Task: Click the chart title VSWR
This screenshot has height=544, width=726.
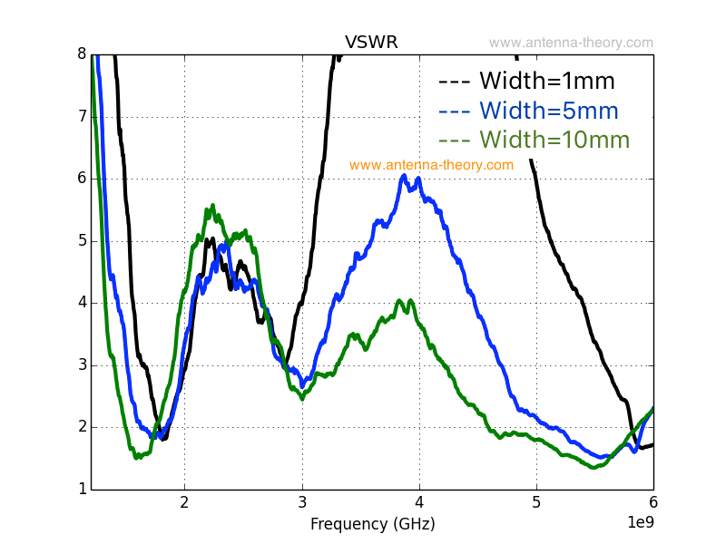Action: tap(371, 43)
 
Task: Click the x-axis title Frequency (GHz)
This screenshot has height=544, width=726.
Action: tap(372, 524)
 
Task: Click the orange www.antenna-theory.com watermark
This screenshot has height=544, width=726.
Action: tap(431, 165)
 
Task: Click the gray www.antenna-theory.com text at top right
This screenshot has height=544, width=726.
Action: tap(571, 43)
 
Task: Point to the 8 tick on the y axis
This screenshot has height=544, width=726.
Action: tap(81, 53)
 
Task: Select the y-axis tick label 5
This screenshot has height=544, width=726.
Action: tap(81, 240)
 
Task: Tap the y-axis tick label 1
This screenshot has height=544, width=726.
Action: tap(81, 490)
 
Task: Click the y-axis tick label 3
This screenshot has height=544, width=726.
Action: tap(81, 364)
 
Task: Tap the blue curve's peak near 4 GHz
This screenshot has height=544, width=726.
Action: tap(405, 176)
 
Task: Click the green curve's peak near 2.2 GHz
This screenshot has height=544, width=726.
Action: tap(213, 206)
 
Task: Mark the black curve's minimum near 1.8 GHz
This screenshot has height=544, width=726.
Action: tap(164, 438)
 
